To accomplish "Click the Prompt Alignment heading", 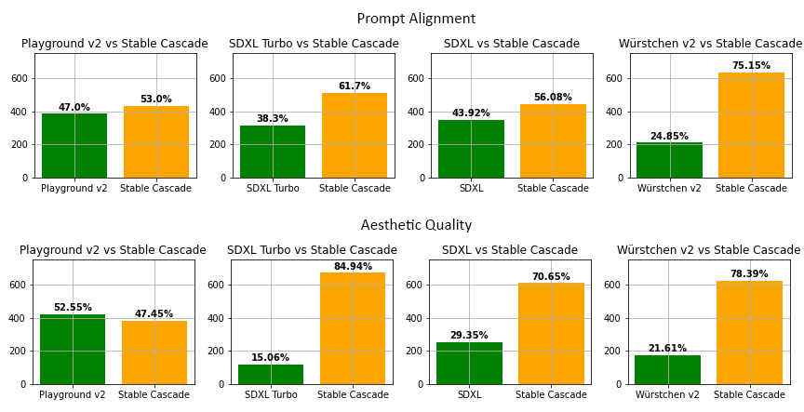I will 416,20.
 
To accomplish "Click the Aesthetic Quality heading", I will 416,226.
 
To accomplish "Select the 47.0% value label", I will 74,108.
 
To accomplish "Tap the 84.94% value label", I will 353,267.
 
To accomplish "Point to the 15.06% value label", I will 271,358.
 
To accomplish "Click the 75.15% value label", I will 751,66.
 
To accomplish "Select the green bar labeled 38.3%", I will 273,152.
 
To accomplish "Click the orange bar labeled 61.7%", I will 355,136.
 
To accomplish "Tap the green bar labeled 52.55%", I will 73,350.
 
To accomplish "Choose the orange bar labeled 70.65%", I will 551,334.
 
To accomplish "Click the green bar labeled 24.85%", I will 669,161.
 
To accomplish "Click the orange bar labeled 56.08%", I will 553,141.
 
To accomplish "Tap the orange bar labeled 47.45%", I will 154,353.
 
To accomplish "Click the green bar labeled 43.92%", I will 471,149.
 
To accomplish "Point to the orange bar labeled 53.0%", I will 156,142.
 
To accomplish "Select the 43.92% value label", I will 471,113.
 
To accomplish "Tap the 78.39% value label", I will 749,274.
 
